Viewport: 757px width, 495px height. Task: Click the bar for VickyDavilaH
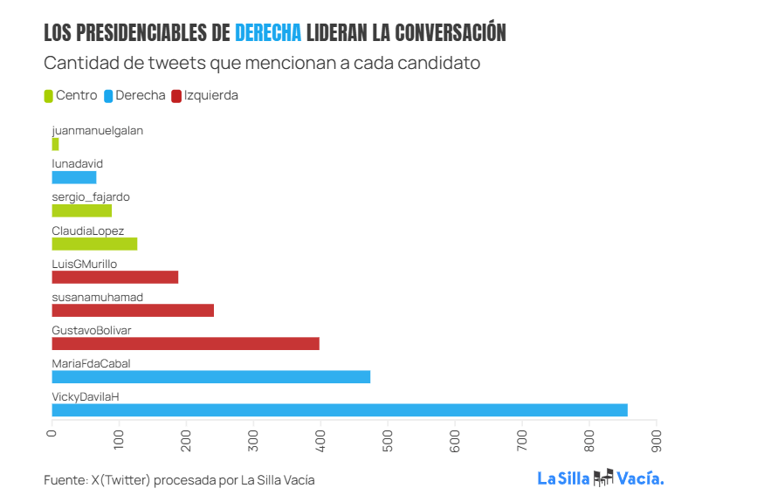pyautogui.click(x=340, y=410)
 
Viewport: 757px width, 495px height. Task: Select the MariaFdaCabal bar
pyautogui.click(x=211, y=377)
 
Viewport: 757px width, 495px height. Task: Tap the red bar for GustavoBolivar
pyautogui.click(x=185, y=344)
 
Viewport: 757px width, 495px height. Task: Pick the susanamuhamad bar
pyautogui.click(x=133, y=311)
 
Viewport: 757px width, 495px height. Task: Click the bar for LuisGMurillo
pyautogui.click(x=114, y=278)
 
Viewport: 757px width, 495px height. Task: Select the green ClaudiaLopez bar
pyautogui.click(x=94, y=244)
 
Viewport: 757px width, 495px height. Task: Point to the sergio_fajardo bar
pyautogui.click(x=82, y=210)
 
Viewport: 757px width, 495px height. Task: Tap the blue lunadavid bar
pyautogui.click(x=74, y=177)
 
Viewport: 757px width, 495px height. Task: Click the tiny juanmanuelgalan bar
pyautogui.click(x=55, y=144)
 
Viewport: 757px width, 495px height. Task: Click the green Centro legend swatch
pyautogui.click(x=49, y=96)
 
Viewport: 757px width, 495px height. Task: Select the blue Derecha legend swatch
pyautogui.click(x=108, y=96)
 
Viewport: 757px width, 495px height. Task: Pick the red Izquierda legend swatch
pyautogui.click(x=177, y=96)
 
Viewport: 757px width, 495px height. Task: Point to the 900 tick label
pyautogui.click(x=656, y=441)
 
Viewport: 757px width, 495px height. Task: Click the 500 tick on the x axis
pyautogui.click(x=388, y=441)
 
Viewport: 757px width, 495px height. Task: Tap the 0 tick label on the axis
pyautogui.click(x=52, y=434)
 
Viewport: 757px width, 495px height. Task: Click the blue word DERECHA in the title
pyautogui.click(x=268, y=33)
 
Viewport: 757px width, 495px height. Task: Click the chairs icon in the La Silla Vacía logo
pyautogui.click(x=603, y=478)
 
